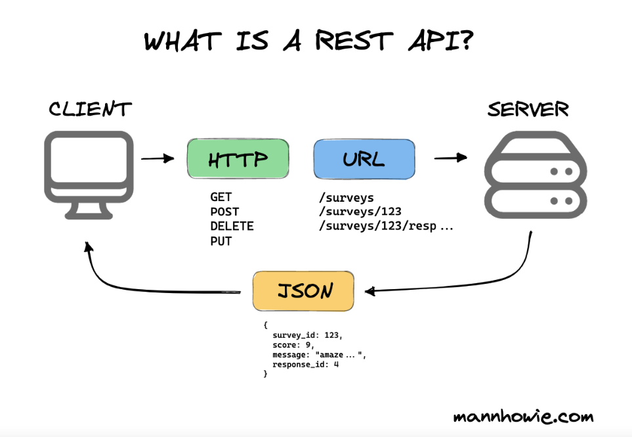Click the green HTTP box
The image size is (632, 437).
238,158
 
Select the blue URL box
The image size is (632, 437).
364,158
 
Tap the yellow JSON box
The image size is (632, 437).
303,290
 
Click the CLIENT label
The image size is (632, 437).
90,109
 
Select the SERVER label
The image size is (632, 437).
528,109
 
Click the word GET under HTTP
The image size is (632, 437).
221,197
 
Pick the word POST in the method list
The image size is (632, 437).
224,212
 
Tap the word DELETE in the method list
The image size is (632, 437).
232,226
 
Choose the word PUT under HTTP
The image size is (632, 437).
221,241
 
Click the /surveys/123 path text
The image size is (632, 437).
359,212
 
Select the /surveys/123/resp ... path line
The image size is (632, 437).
385,226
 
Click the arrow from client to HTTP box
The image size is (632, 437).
157,158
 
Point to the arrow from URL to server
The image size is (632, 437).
450,158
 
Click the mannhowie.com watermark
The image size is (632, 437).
523,417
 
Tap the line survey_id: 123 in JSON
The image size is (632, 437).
307,335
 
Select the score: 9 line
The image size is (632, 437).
293,345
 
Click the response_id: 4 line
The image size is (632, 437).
305,364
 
